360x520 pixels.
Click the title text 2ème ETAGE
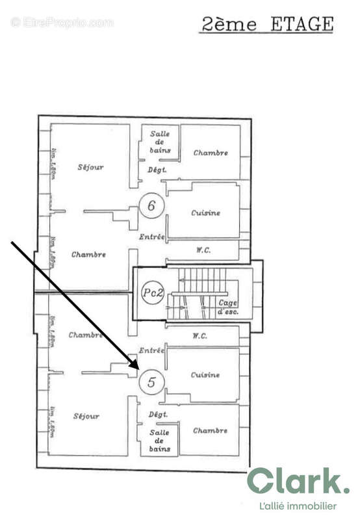(268, 25)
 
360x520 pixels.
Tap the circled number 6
(151, 206)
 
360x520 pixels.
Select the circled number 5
(151, 382)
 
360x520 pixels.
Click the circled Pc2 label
(151, 292)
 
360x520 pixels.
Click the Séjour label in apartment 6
(90, 167)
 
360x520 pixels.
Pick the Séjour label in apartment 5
(86, 416)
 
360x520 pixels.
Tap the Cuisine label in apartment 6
(205, 213)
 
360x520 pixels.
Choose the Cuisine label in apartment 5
(205, 375)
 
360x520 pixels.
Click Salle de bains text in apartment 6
(160, 142)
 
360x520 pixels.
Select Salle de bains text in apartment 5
(160, 440)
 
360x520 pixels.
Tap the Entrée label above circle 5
(151, 350)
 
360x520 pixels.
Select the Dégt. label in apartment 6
(158, 170)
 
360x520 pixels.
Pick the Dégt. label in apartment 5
(159, 414)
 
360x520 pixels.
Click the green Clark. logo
(298, 482)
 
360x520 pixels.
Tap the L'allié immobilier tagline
(298, 506)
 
